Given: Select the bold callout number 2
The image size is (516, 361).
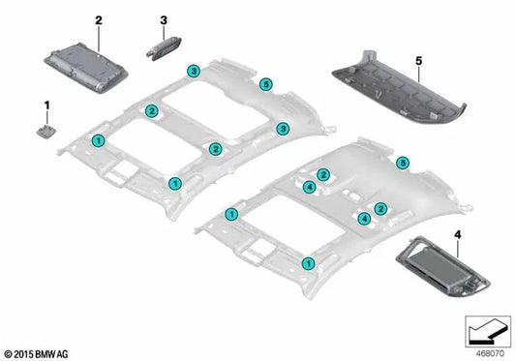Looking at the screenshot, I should coord(98,18).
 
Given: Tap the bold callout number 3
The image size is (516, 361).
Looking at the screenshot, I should coord(164,19).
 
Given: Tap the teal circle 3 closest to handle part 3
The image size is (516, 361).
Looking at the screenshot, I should coord(194,72).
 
